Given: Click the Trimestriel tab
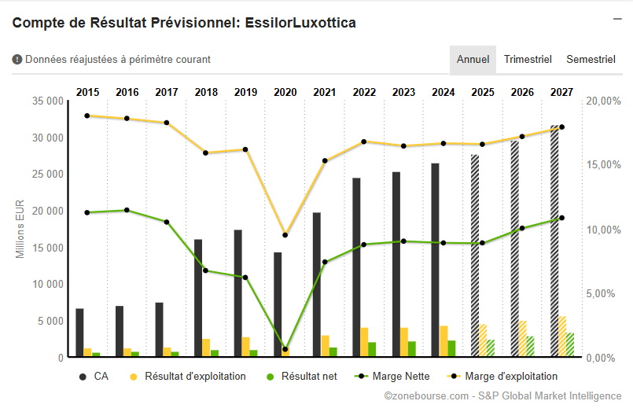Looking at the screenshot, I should (x=528, y=60).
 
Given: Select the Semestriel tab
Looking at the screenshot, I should (x=591, y=60).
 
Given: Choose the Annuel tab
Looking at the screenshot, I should (x=473, y=60).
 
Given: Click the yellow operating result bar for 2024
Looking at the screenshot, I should (x=443, y=341).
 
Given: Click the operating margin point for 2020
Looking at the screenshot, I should (x=285, y=235).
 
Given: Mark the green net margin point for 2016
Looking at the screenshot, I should (x=127, y=210).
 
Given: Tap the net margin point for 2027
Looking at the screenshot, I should (x=561, y=218).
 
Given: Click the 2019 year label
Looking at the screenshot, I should (x=245, y=93).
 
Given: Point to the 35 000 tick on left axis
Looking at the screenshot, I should (x=49, y=101).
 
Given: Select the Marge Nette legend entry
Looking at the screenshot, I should (x=399, y=377).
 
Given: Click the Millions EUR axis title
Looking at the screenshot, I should (x=21, y=229).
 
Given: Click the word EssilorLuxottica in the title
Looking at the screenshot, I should (x=302, y=23).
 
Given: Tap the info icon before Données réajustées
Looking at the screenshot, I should (x=17, y=59).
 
